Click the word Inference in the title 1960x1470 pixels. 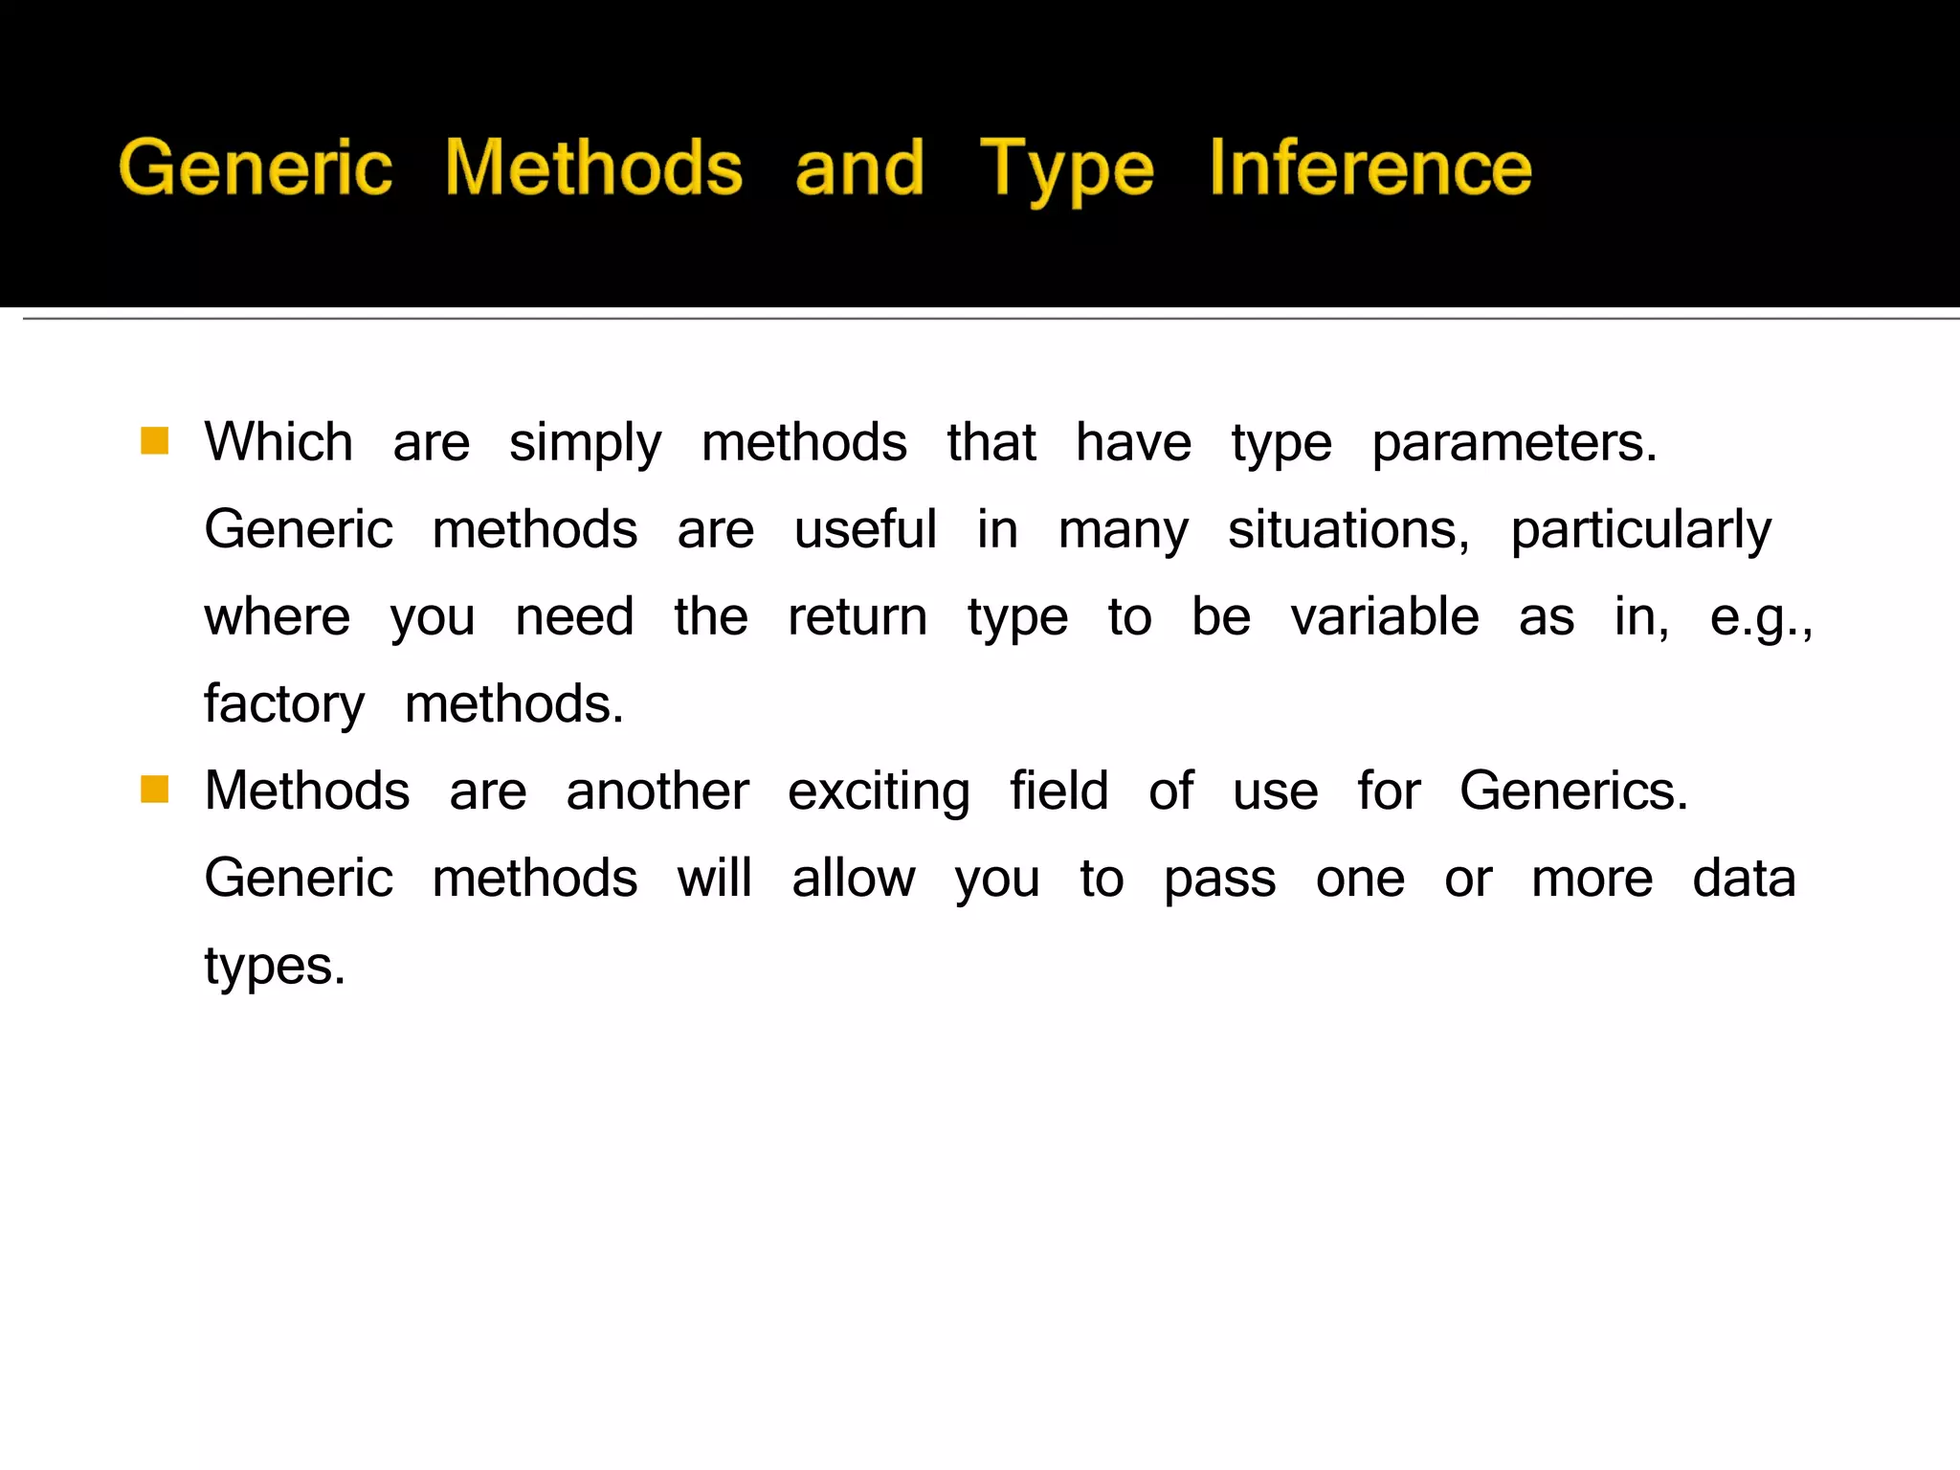pyautogui.click(x=1370, y=167)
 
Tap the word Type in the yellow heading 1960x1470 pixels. pyautogui.click(x=1066, y=169)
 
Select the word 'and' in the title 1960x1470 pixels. pyautogui.click(x=859, y=167)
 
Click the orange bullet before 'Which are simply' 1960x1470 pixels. pyautogui.click(x=154, y=441)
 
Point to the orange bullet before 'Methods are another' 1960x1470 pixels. pyautogui.click(x=154, y=790)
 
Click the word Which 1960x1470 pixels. pyautogui.click(x=278, y=442)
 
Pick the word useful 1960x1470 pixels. pyautogui.click(x=865, y=529)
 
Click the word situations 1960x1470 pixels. pyautogui.click(x=1347, y=529)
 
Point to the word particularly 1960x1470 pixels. pyautogui.click(x=1640, y=531)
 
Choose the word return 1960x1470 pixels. pyautogui.click(x=857, y=617)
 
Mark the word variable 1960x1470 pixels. pyautogui.click(x=1384, y=616)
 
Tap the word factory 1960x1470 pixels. pyautogui.click(x=284, y=705)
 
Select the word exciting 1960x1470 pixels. pyautogui.click(x=879, y=792)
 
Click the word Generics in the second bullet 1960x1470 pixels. pyautogui.click(x=1573, y=791)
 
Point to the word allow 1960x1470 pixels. pyautogui.click(x=853, y=879)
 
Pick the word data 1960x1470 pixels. pyautogui.click(x=1744, y=879)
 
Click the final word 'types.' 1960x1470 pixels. pyautogui.click(x=275, y=967)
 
